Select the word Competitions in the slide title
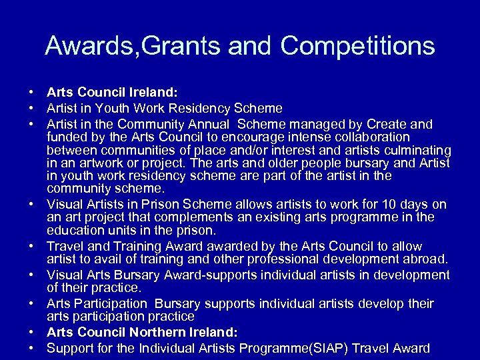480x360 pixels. [358, 46]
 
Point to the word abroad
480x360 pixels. [422, 259]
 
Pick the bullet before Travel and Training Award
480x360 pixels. [31, 246]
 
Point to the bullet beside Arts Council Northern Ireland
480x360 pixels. [31, 331]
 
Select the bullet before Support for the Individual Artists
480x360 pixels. [31, 347]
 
